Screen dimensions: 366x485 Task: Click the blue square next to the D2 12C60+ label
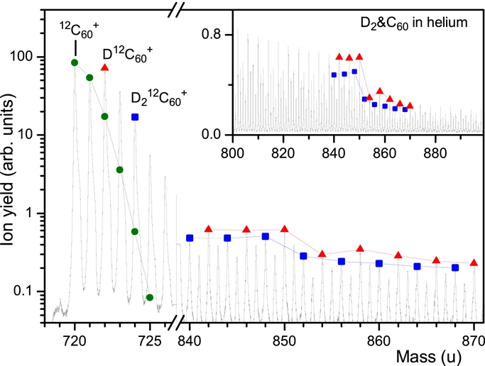[x=135, y=116]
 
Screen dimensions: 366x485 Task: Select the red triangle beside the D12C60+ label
[x=104, y=67]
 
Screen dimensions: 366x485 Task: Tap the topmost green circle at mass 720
[x=75, y=62]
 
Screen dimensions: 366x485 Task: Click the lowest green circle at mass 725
[x=150, y=297]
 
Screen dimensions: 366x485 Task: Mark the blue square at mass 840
[x=190, y=238]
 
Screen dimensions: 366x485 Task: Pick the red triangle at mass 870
[x=474, y=262]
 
